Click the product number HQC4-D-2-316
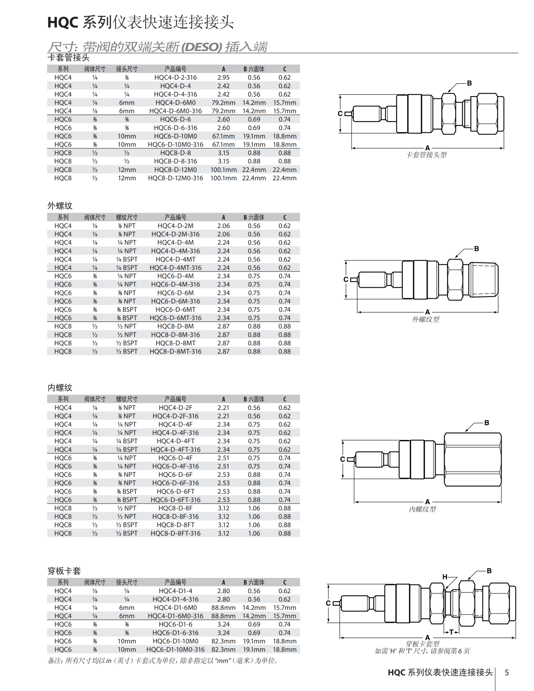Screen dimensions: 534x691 [x=175, y=77]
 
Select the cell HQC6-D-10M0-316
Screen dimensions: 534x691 [x=175, y=144]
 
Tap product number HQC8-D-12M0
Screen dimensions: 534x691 [x=175, y=170]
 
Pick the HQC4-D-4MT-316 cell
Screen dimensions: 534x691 [x=175, y=268]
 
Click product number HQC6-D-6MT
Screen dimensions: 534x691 [x=175, y=309]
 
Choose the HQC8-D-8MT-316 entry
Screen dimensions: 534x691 [x=175, y=351]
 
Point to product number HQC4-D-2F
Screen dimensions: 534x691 [x=175, y=408]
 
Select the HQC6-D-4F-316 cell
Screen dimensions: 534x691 [x=175, y=466]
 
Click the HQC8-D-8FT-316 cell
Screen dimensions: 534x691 [x=175, y=533]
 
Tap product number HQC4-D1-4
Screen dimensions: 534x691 [x=175, y=591]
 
